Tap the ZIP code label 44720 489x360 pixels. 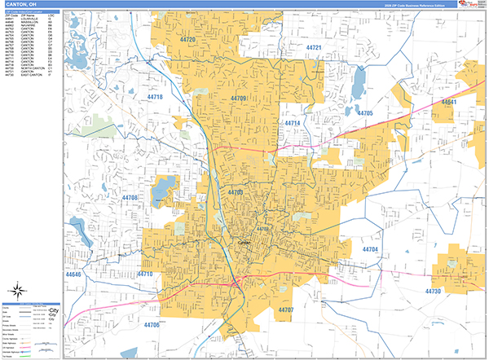point(188,40)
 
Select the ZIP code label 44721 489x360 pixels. point(313,48)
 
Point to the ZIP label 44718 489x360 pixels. point(154,97)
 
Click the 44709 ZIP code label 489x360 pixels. point(239,99)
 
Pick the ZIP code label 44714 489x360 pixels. point(293,123)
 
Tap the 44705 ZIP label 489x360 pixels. point(364,113)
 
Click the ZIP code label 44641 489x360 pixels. point(450,102)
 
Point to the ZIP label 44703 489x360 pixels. point(236,192)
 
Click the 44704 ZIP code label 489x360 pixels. point(370,248)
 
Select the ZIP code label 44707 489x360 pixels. point(285,310)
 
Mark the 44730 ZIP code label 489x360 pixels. point(433,291)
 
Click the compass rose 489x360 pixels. point(15,292)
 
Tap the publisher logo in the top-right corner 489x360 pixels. point(470,5)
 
